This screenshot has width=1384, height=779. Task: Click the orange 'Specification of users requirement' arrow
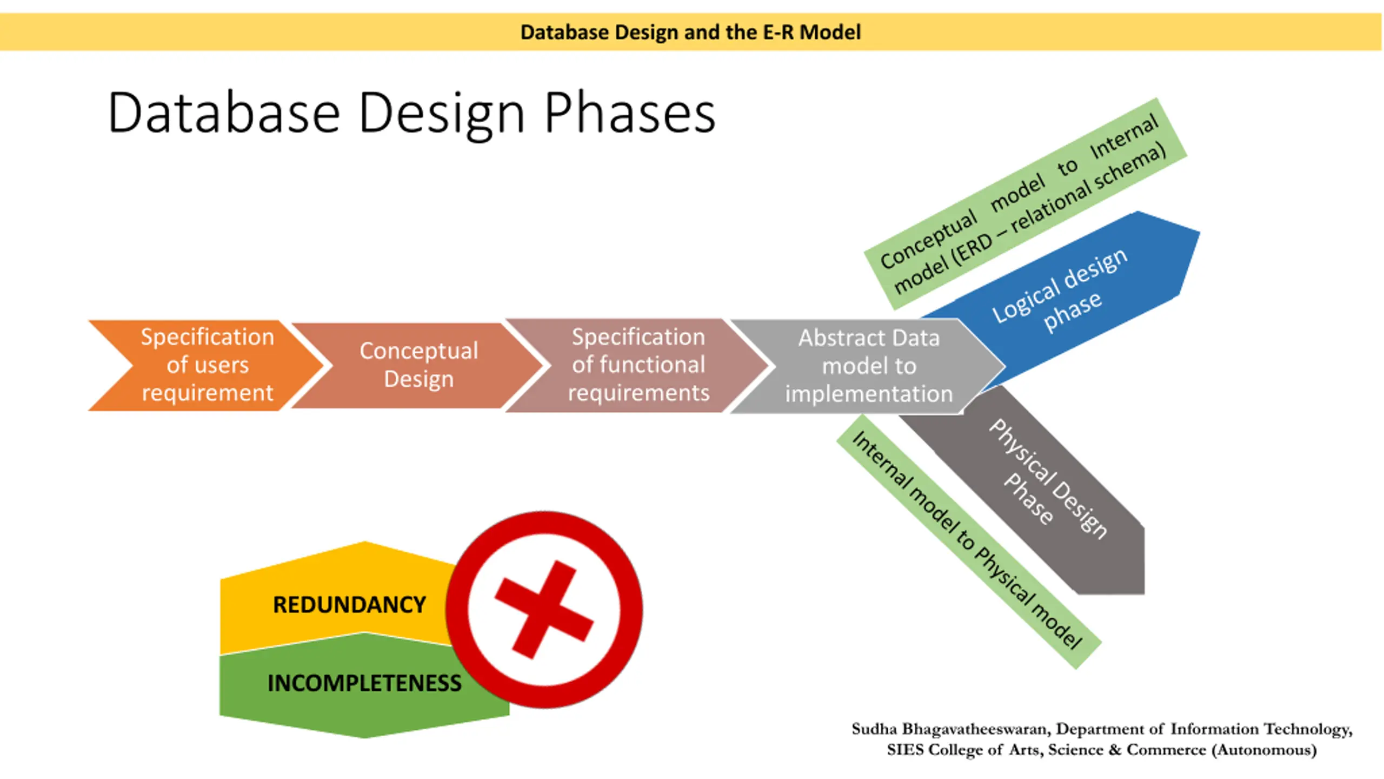click(x=207, y=365)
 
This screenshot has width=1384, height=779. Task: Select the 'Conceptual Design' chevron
click(x=418, y=365)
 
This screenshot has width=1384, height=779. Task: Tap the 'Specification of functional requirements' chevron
click(x=638, y=365)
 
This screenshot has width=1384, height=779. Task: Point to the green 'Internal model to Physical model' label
click(x=968, y=541)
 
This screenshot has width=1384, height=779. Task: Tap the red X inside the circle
click(x=544, y=609)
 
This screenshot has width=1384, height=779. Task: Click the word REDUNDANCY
click(x=349, y=605)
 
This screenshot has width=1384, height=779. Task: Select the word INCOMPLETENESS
click(x=364, y=683)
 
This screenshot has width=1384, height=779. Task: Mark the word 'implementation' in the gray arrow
click(x=868, y=394)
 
